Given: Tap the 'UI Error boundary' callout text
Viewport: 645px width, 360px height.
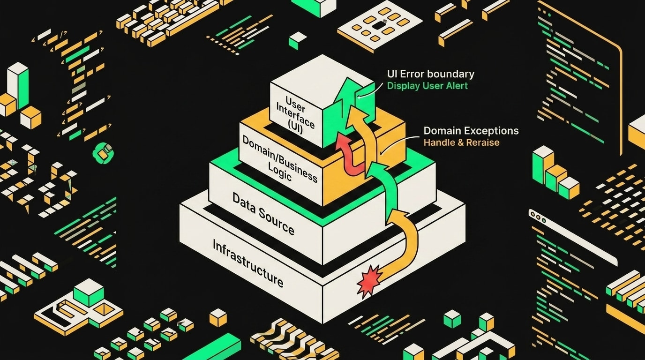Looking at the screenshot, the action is [430, 74].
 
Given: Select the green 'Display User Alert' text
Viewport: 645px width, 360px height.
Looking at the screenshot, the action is [427, 86].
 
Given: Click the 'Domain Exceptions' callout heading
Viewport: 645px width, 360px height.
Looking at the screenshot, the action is [471, 131].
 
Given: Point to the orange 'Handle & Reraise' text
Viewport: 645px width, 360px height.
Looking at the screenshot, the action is [461, 142].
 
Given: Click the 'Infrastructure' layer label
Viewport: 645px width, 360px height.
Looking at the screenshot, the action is [248, 263].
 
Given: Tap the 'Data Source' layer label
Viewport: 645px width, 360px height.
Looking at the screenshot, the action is [263, 213].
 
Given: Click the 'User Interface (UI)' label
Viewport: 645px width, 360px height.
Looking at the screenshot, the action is [294, 115].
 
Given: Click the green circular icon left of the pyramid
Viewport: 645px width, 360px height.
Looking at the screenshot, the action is [103, 153].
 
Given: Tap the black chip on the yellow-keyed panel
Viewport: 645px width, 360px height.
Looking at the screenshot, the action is [380, 25].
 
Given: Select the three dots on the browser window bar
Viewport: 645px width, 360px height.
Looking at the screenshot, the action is [538, 217].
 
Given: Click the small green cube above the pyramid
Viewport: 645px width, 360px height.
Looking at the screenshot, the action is [298, 41].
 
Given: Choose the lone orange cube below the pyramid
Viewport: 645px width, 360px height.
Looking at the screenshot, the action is [218, 318].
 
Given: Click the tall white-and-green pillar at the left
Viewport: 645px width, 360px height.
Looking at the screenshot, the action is [18, 85].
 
